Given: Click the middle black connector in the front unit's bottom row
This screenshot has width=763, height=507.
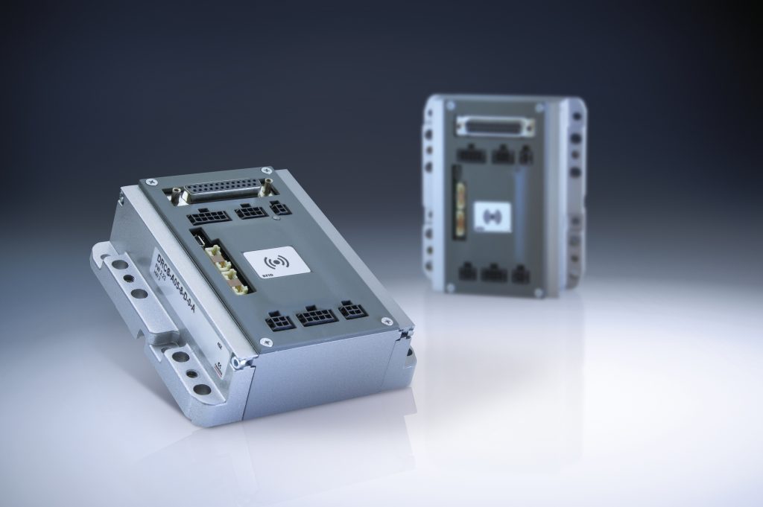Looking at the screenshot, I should tap(316, 317).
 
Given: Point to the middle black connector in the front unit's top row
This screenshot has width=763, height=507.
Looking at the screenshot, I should tap(250, 211).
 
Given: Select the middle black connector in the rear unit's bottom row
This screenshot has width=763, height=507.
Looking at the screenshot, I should tap(493, 273).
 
